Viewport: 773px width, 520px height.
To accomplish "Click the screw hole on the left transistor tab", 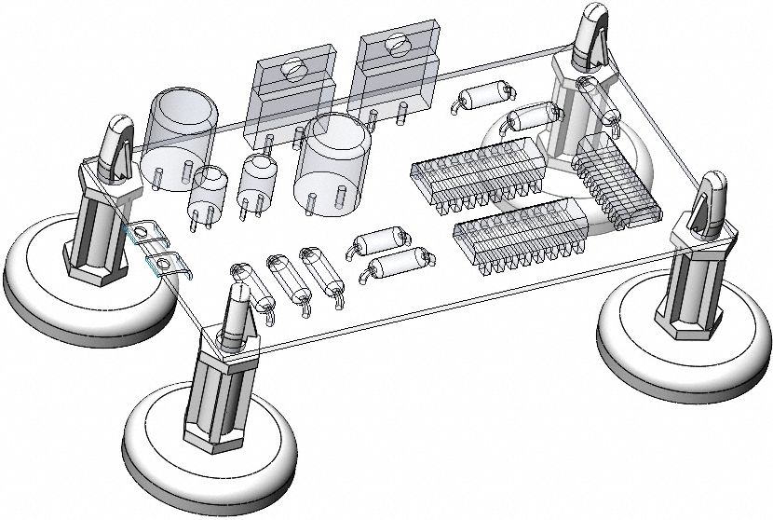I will (295, 68).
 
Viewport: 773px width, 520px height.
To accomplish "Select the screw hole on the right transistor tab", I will (398, 42).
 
